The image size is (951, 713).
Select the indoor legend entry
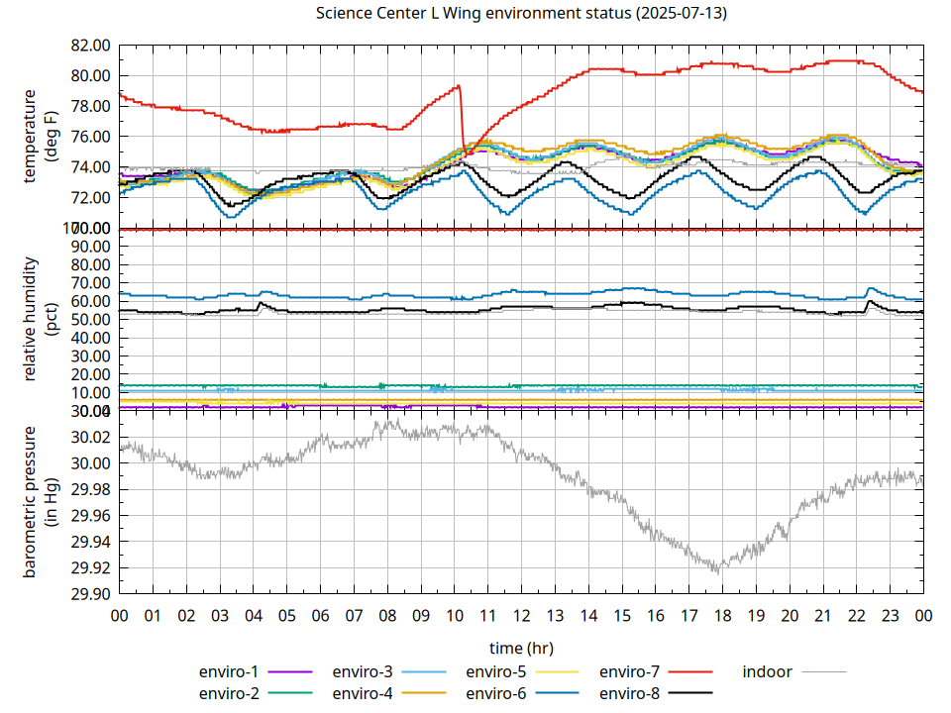coord(768,671)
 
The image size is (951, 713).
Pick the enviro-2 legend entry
coord(229,693)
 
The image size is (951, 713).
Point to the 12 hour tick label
coord(521,616)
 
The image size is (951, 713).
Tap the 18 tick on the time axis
coord(722,616)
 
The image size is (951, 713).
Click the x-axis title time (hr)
coord(521,648)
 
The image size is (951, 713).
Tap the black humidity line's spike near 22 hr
coord(869,301)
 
